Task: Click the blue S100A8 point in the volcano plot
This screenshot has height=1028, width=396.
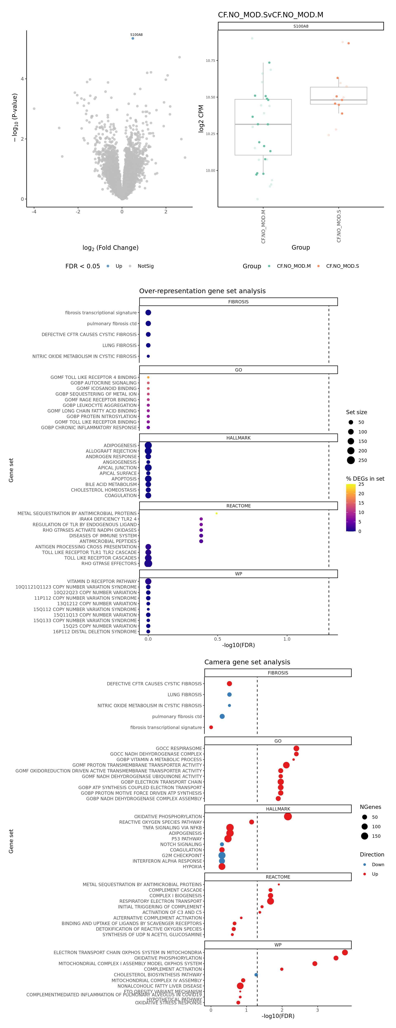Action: pos(133,38)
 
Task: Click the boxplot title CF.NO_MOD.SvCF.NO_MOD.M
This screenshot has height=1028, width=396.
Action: pos(271,15)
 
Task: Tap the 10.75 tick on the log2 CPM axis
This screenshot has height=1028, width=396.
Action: pos(210,61)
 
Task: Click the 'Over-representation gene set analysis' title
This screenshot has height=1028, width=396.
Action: pos(202,291)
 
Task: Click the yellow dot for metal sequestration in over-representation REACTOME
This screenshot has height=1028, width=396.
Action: pos(216,513)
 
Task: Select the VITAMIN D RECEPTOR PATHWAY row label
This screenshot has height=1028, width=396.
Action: pos(102,582)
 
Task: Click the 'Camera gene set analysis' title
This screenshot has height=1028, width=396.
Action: pos(247,662)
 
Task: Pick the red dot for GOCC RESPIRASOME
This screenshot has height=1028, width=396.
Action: pos(296,748)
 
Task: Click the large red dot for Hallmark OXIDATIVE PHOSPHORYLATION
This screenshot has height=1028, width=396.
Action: pos(288,817)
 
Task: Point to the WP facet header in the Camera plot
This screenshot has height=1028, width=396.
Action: pos(278,945)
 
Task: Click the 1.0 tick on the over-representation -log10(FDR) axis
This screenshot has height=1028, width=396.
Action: pos(287,639)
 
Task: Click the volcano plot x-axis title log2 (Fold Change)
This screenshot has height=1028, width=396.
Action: pos(110,248)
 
